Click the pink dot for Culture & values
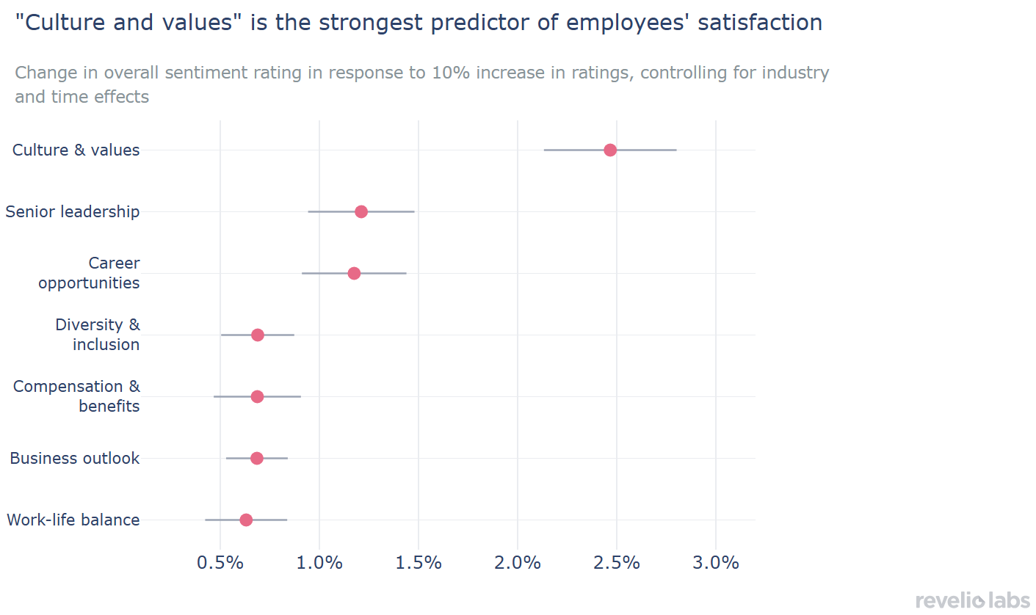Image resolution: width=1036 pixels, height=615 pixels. [610, 150]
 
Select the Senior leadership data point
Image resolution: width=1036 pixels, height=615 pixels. [361, 211]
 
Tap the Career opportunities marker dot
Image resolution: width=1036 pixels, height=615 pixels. [354, 273]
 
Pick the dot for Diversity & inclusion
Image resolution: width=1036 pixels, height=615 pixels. [258, 335]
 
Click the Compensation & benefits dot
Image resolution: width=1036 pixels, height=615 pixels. [257, 396]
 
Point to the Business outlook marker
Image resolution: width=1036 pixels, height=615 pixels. [257, 458]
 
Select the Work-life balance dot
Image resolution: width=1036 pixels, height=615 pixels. [246, 520]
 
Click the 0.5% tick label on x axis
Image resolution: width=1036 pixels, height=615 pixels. [220, 563]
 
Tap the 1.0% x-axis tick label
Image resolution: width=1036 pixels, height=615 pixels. [319, 563]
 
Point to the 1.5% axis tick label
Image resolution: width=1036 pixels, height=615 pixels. [419, 563]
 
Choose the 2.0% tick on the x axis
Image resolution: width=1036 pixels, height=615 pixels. [518, 563]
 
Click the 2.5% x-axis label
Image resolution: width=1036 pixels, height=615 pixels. [617, 563]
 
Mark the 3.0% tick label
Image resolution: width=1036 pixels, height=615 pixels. [716, 563]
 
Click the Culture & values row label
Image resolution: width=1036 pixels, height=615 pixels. [76, 150]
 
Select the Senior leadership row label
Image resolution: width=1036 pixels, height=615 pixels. [72, 211]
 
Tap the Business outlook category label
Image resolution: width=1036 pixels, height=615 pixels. [74, 458]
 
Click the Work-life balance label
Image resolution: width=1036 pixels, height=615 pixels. [73, 520]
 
